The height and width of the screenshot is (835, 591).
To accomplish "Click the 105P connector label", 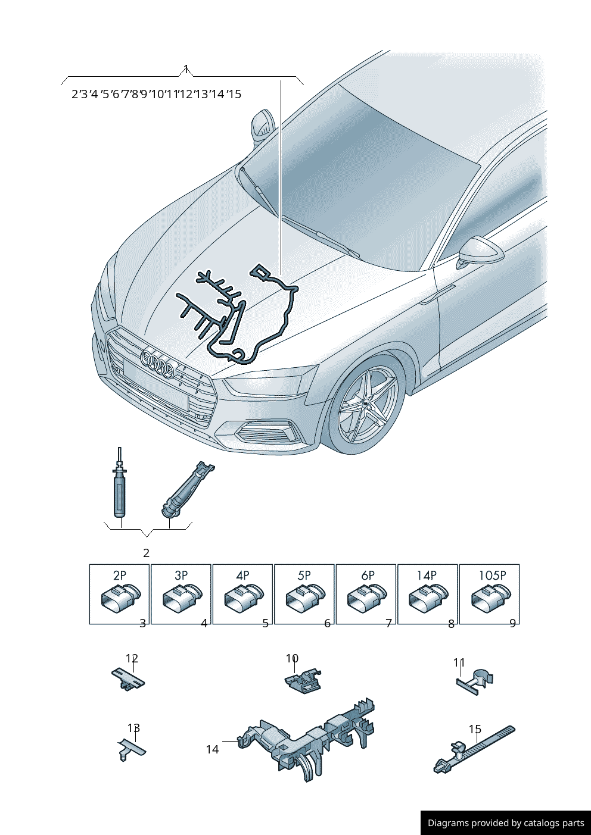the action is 493,576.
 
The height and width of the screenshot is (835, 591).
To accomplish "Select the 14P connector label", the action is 427,576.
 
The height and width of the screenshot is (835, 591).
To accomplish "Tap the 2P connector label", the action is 119,576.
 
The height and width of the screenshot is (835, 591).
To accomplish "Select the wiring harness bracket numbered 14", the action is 307,741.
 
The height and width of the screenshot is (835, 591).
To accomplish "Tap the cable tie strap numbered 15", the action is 474,749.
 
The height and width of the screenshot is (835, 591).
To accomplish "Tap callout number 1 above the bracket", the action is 185,69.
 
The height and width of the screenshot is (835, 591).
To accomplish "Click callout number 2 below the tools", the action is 146,553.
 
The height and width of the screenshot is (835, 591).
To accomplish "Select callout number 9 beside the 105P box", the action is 512,623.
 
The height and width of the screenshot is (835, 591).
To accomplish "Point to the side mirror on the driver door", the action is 480,252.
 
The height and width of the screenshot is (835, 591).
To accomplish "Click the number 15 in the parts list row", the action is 234,94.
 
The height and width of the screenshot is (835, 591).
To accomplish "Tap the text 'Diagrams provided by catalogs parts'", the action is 506,823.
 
